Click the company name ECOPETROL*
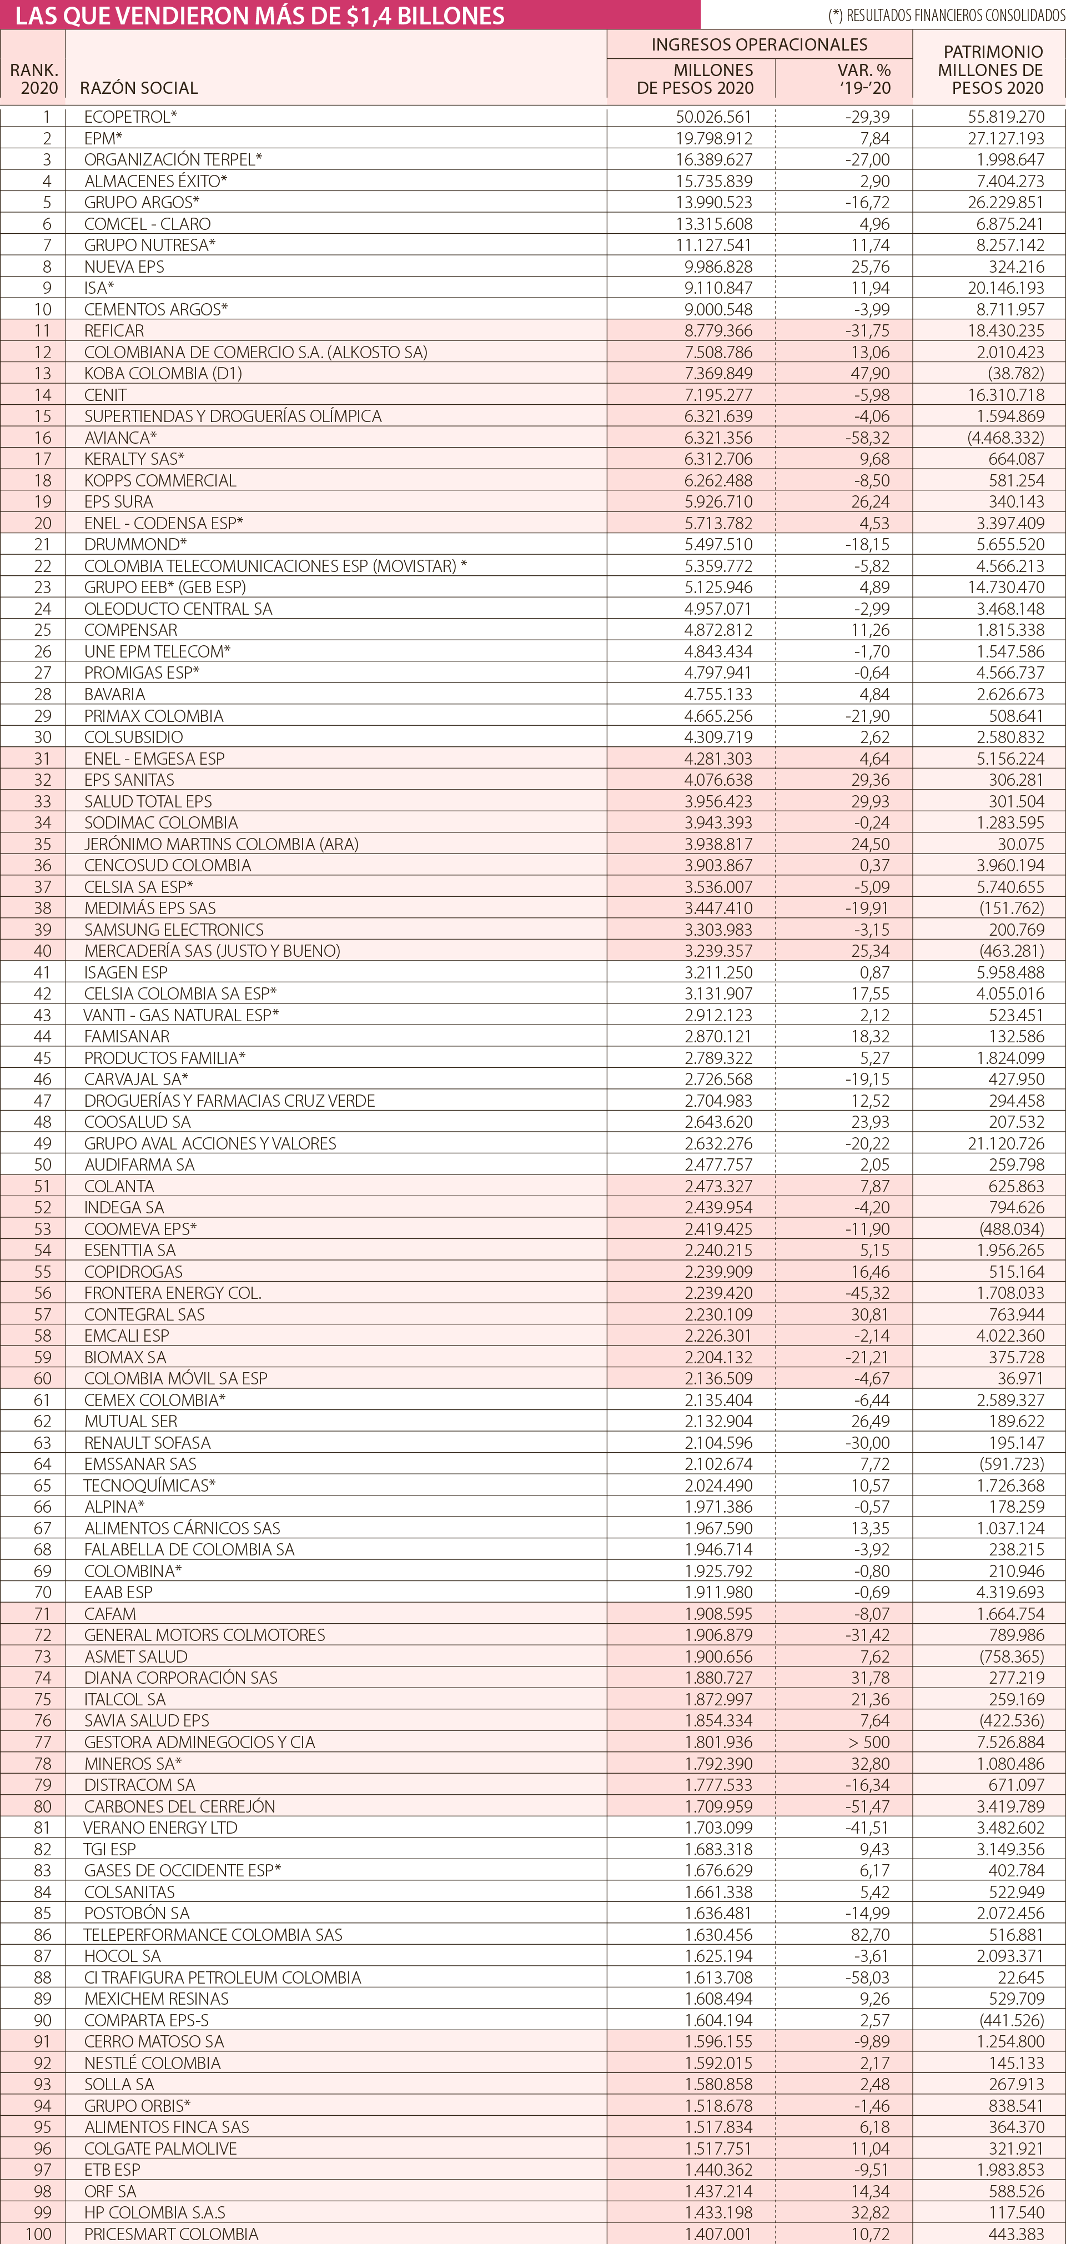130,117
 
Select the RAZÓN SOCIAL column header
138,88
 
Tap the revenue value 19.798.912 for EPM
714,138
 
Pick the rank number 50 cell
43,1164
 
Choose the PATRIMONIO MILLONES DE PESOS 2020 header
992,69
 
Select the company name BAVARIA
115,694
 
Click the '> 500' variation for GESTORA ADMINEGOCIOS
869,1742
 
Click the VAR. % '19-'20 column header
864,78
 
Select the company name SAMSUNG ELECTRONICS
174,930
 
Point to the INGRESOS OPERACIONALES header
760,44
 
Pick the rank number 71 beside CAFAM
43,1613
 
